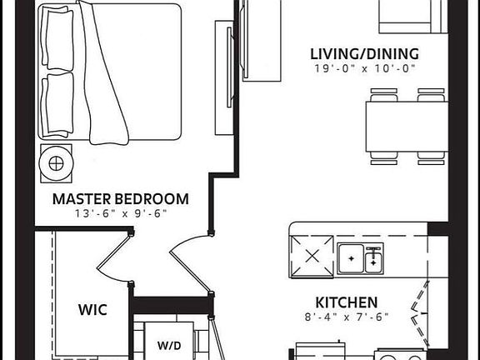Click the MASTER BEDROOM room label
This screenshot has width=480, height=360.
coord(120,199)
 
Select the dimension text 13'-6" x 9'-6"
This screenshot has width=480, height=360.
coord(120,214)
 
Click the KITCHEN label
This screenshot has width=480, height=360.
coord(346,302)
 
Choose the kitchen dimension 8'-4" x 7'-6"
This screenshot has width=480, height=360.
coord(346,317)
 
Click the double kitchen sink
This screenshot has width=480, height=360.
coord(361,258)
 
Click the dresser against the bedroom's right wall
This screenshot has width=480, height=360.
coord(223,79)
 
